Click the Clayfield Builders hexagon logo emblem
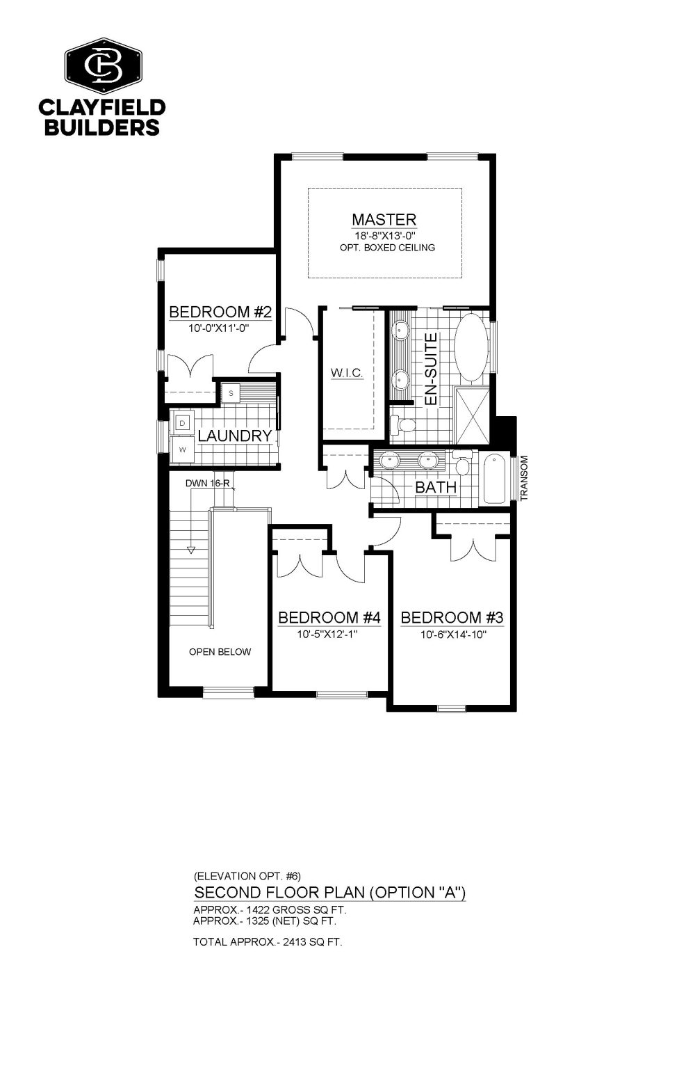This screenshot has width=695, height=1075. [x=104, y=65]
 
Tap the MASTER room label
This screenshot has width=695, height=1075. [x=384, y=219]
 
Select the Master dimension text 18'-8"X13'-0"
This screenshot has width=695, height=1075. [x=384, y=236]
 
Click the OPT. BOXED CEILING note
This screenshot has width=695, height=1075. [x=387, y=248]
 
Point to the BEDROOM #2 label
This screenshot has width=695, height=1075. [x=220, y=312]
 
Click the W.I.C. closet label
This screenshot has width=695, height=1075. [x=347, y=372]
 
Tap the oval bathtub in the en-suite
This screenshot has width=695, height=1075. [x=471, y=348]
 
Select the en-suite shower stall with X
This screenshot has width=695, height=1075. [x=472, y=415]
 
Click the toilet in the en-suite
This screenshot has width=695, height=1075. [x=402, y=424]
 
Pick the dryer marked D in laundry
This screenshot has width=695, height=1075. [x=182, y=423]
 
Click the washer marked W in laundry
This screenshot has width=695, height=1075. [x=182, y=449]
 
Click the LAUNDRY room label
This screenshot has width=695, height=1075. [x=235, y=436]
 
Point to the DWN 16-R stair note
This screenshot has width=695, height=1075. [x=208, y=484]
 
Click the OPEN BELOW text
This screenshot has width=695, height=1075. [x=220, y=652]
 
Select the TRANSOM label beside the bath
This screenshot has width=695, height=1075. [x=524, y=479]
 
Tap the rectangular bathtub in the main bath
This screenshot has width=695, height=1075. [x=495, y=479]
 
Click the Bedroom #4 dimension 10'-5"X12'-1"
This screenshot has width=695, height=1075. [x=328, y=634]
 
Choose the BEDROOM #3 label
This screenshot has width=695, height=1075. [x=452, y=618]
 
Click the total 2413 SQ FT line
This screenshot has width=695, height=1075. [x=268, y=941]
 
